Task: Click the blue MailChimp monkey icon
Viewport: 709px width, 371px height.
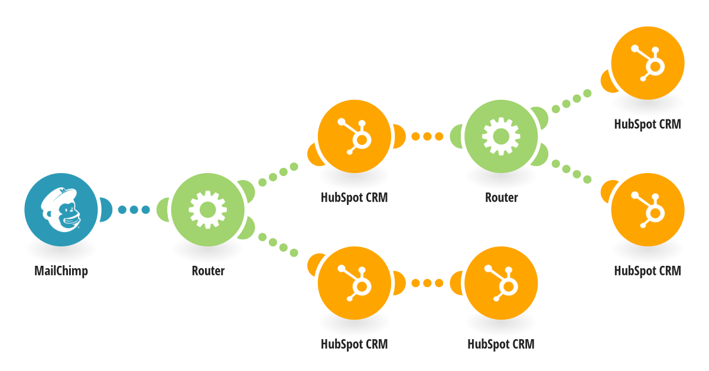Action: [61, 209]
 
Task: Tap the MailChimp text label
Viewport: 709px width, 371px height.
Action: [61, 271]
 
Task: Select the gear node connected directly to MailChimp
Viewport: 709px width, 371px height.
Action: [207, 209]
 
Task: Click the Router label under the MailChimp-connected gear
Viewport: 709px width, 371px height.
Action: [208, 271]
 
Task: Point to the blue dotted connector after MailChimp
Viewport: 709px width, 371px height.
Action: [134, 209]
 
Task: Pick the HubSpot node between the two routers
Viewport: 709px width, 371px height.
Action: [354, 136]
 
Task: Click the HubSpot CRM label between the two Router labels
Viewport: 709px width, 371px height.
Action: [354, 197]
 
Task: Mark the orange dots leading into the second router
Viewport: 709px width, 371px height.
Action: [427, 136]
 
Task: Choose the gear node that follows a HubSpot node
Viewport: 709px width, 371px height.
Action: [500, 136]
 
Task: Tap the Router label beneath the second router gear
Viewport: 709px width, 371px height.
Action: [501, 197]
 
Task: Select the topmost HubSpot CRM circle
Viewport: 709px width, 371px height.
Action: [647, 63]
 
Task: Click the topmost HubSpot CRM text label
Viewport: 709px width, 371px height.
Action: [647, 124]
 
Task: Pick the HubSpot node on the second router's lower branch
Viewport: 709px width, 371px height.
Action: [647, 209]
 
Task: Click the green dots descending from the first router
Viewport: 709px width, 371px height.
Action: [278, 246]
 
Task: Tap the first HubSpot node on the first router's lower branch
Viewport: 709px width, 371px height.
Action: [354, 282]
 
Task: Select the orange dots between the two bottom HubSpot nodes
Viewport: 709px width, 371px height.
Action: [427, 283]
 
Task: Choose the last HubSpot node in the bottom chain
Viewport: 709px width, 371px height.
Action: [500, 282]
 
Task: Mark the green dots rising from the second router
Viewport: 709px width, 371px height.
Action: [571, 100]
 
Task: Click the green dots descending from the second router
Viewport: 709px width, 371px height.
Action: [571, 171]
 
